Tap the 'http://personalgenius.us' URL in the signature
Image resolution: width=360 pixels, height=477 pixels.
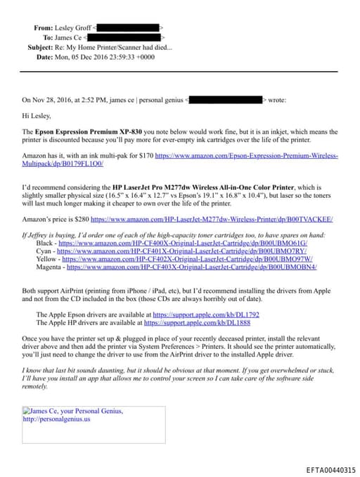point(56,419)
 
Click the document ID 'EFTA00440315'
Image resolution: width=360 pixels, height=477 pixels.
point(330,469)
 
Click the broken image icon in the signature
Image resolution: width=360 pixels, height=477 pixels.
point(26,411)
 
